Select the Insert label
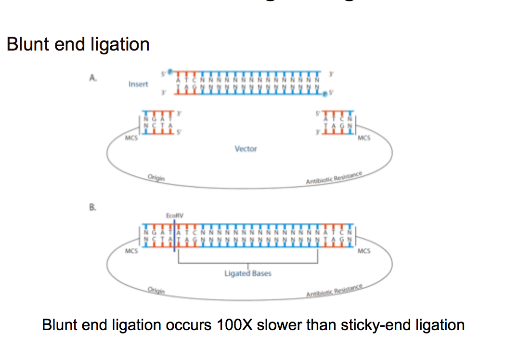tap(138, 84)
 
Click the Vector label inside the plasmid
tap(246, 149)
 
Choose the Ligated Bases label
tap(248, 273)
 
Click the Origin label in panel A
tap(156, 178)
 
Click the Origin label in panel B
tap(156, 290)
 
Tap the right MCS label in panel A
tap(365, 139)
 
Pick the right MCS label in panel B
tap(365, 251)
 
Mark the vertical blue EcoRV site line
tap(174, 236)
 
